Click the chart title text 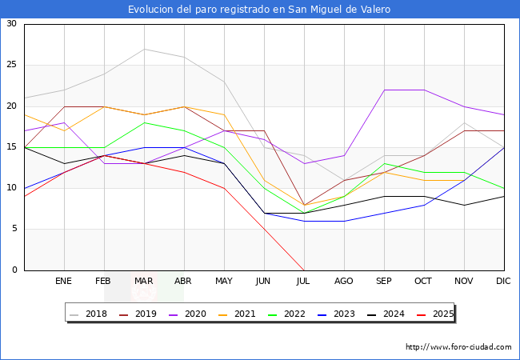(259, 10)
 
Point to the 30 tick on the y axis (11, 24)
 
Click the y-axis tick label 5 (14, 230)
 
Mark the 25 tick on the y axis (11, 65)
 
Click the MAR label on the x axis (144, 282)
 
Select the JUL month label (304, 282)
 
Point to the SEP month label (384, 282)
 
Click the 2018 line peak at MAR (144, 49)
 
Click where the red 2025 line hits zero (304, 270)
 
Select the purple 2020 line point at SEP (384, 90)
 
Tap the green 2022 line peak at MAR (144, 122)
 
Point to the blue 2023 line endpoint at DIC (504, 147)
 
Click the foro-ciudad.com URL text (458, 347)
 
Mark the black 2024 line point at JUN (264, 213)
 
